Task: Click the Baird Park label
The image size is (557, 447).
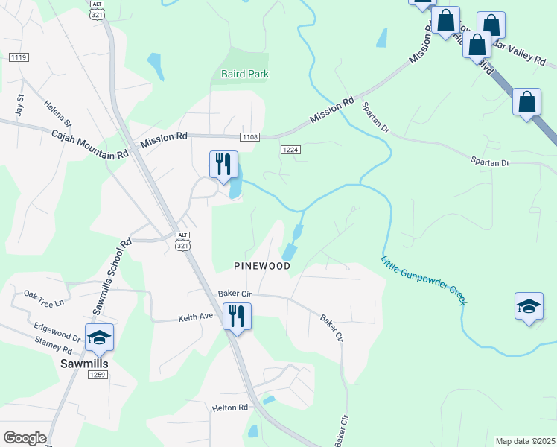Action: [x=245, y=74]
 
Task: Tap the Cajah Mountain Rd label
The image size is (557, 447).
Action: [x=89, y=145]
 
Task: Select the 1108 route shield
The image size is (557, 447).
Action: [x=250, y=137]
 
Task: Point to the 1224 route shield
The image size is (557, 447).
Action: [x=291, y=150]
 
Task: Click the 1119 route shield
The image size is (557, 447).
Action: [x=19, y=57]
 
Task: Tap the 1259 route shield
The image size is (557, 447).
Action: [x=98, y=375]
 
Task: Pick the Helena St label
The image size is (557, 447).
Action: [x=57, y=113]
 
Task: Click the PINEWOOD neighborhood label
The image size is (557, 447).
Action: [x=261, y=266]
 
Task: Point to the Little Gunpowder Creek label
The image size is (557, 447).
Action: [x=424, y=280]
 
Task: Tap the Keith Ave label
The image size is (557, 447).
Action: [x=196, y=317]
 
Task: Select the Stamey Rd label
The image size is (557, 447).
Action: [x=53, y=346]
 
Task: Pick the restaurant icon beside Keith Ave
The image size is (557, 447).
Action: [x=237, y=316]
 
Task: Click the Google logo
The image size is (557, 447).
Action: [x=25, y=438]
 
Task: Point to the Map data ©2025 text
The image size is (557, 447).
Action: [x=525, y=441]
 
